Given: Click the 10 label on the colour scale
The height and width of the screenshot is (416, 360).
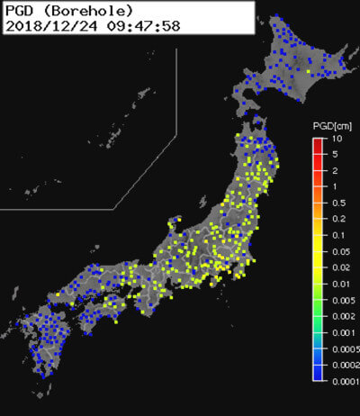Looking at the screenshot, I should [x=336, y=140].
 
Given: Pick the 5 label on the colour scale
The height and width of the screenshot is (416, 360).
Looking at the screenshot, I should [x=334, y=155].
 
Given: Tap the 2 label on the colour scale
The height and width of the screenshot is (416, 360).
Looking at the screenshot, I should [x=334, y=170].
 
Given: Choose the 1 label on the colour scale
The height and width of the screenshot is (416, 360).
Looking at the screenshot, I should [x=334, y=186].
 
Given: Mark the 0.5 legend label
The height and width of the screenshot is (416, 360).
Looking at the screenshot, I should [x=337, y=203].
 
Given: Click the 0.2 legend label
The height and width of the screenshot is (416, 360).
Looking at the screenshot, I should [x=337, y=219].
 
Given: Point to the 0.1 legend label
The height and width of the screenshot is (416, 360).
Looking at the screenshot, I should [x=337, y=235].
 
